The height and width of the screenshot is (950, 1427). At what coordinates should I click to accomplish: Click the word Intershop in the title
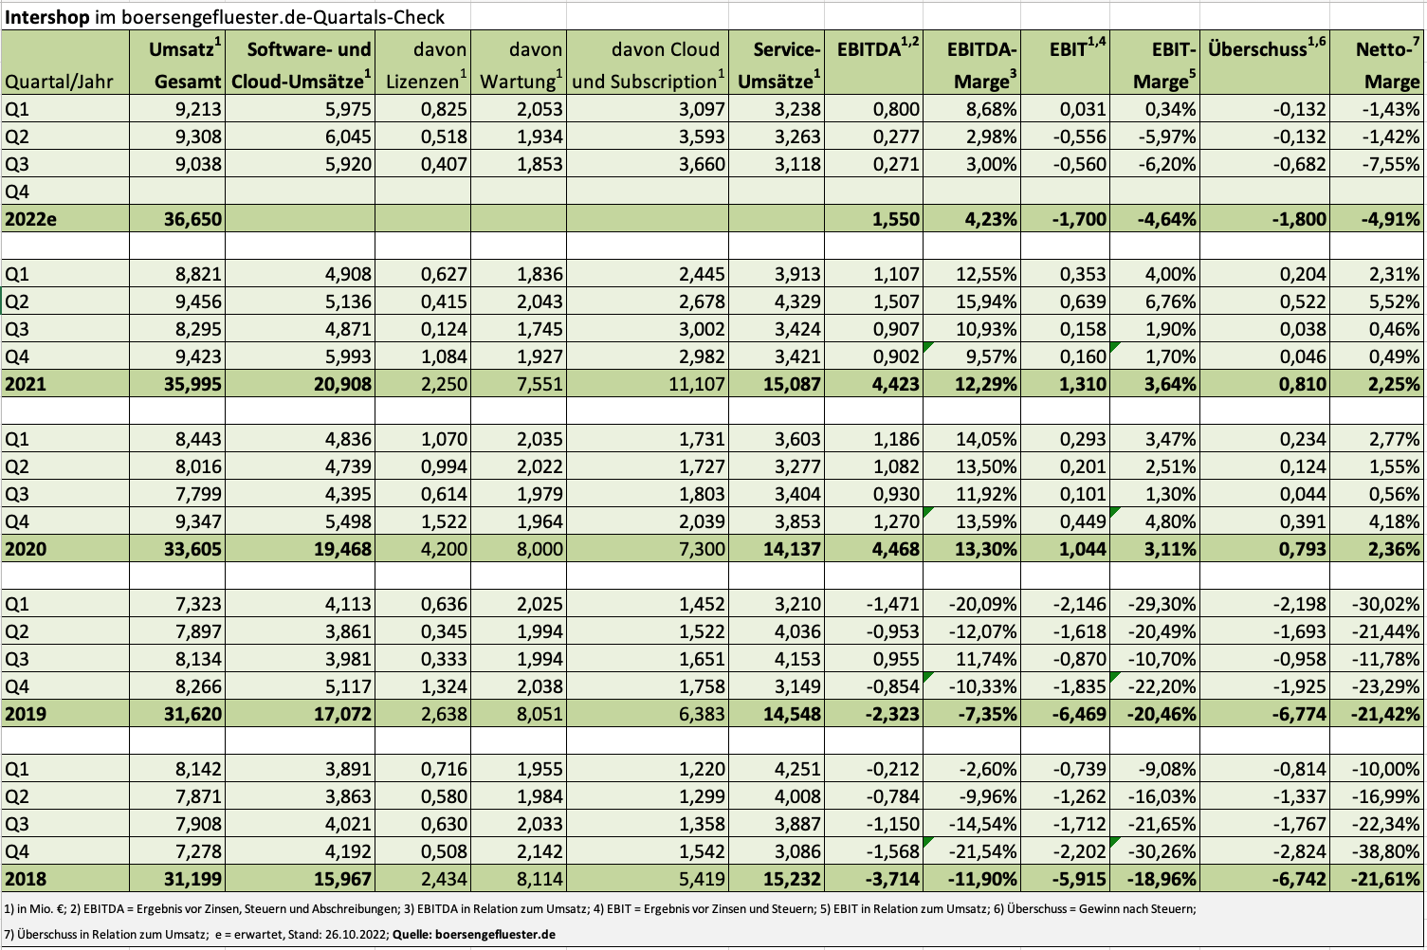pyautogui.click(x=47, y=17)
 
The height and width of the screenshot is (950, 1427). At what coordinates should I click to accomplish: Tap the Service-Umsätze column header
pyautogui.click(x=779, y=65)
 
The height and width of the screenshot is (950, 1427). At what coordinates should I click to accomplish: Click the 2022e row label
pyautogui.click(x=30, y=219)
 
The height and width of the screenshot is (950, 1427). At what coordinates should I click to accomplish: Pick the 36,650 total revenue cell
pyautogui.click(x=192, y=219)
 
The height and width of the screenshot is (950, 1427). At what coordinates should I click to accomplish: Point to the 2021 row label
pyautogui.click(x=26, y=384)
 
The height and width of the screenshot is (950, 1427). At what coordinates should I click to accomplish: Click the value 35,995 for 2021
pyautogui.click(x=192, y=384)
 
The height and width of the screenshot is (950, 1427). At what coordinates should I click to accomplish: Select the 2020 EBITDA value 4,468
pyautogui.click(x=896, y=549)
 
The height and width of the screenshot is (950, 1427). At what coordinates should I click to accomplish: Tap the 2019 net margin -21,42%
pyautogui.click(x=1385, y=714)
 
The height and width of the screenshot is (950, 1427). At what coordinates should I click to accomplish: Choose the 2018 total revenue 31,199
pyautogui.click(x=192, y=879)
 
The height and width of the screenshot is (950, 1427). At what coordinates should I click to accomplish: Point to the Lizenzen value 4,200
pyautogui.click(x=444, y=549)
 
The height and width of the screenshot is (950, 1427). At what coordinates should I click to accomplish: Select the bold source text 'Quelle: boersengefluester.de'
pyautogui.click(x=474, y=935)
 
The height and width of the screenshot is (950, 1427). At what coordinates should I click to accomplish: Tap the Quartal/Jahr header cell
pyautogui.click(x=59, y=82)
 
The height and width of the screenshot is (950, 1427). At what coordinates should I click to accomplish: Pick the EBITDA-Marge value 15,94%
pyautogui.click(x=986, y=302)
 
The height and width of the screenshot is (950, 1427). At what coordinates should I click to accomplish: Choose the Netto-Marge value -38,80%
pyautogui.click(x=1385, y=852)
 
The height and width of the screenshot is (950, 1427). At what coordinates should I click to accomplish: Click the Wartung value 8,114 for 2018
pyautogui.click(x=539, y=879)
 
